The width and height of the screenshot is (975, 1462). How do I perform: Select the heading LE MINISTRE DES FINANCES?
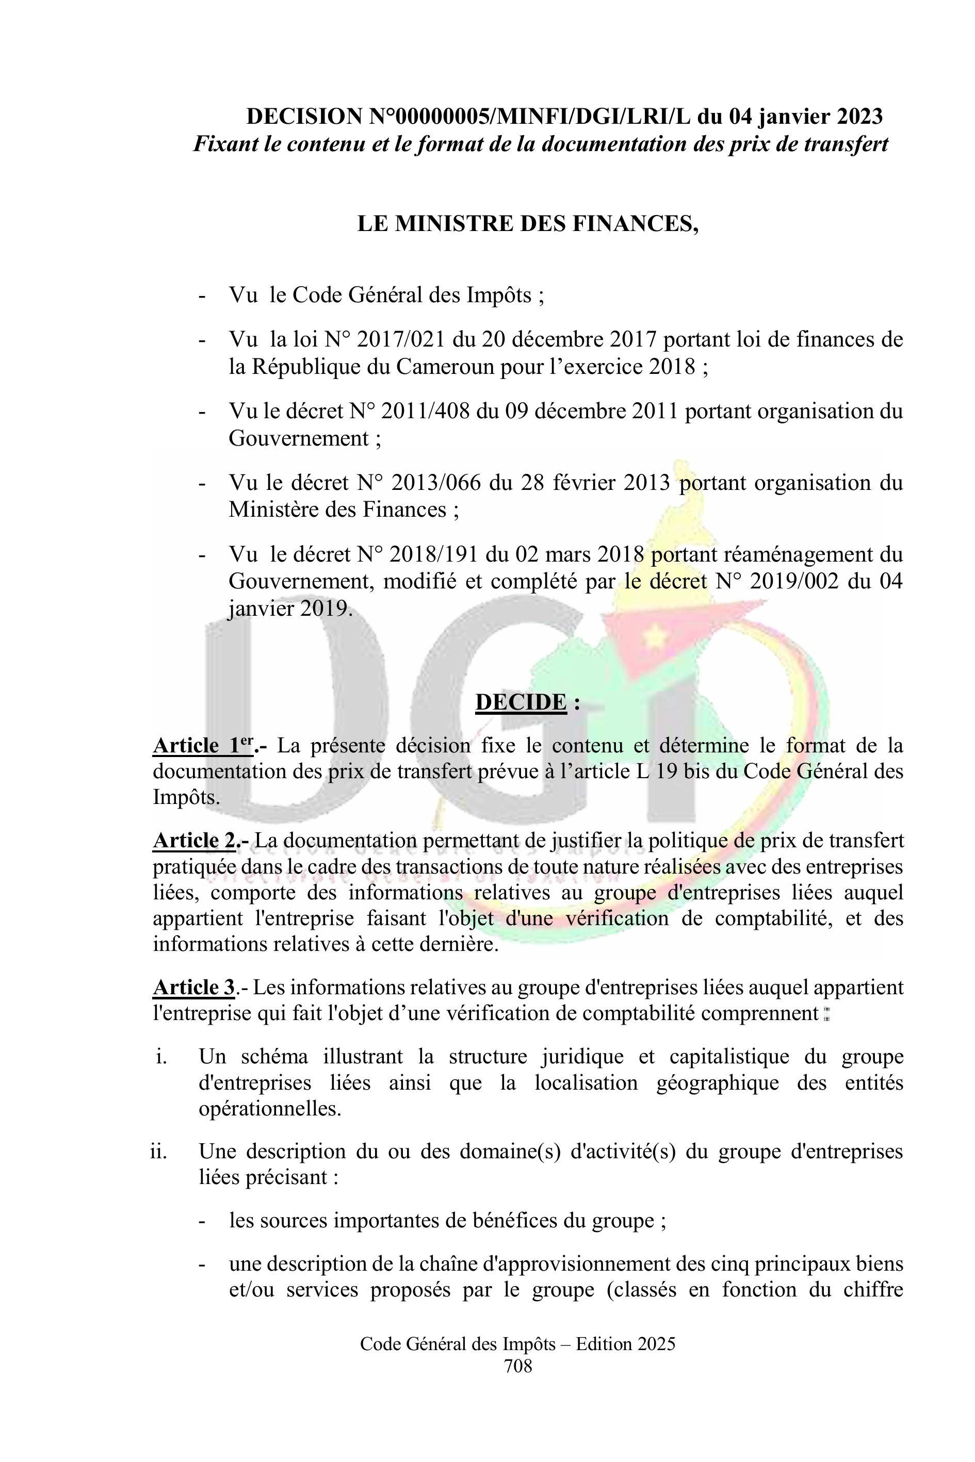[x=528, y=224]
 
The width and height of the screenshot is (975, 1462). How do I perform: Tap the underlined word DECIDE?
[x=521, y=702]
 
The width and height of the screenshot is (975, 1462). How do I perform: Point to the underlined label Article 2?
[x=194, y=841]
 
